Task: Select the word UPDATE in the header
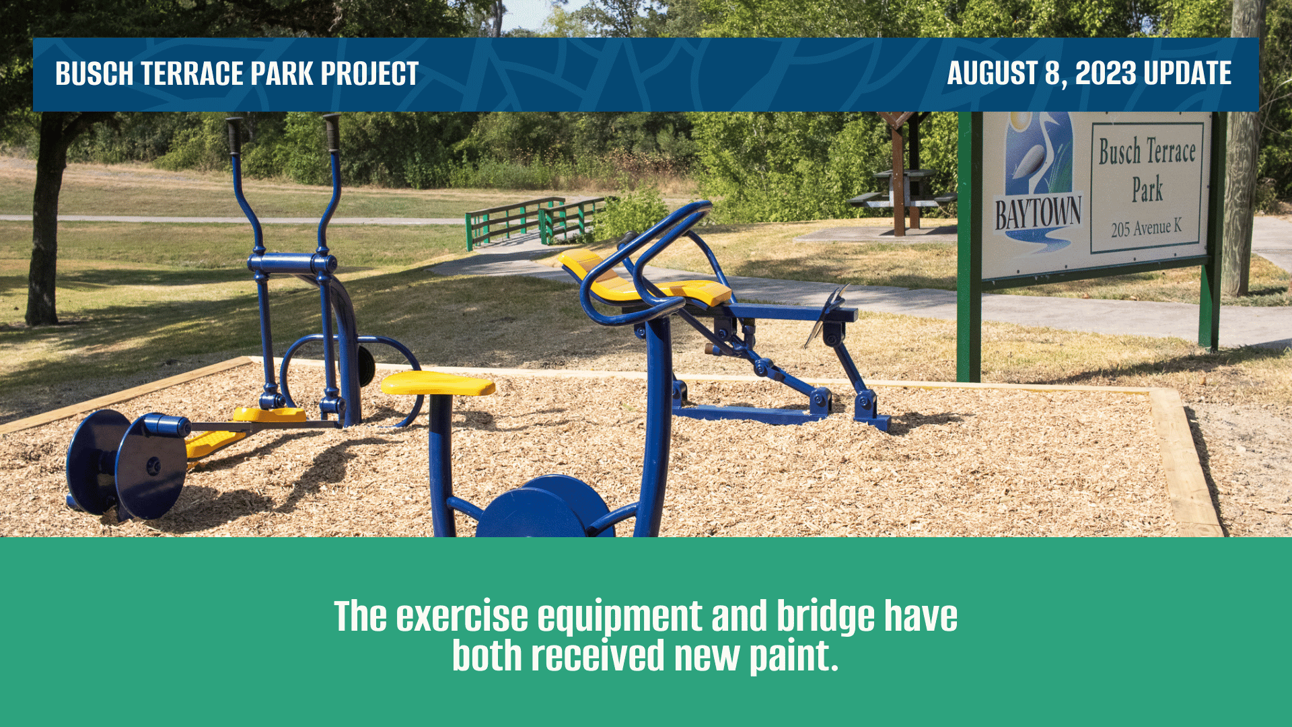1188,73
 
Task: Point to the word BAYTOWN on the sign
1038,214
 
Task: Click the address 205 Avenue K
1146,228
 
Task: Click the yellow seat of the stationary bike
438,384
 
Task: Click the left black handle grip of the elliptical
234,136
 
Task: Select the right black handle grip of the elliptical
332,133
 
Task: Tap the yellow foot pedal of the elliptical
269,415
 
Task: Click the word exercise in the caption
462,617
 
